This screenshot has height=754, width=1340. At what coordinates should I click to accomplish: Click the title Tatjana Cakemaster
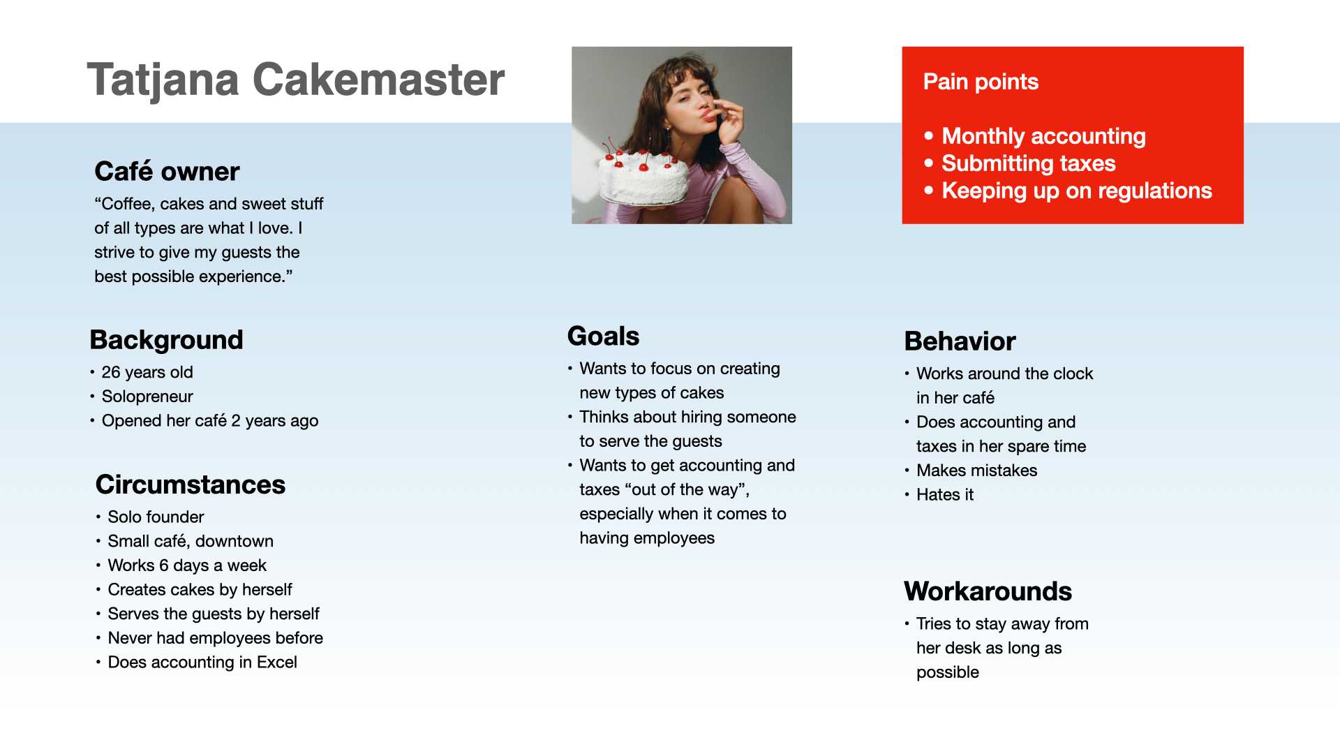tap(295, 80)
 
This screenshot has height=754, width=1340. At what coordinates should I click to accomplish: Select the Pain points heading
tap(981, 82)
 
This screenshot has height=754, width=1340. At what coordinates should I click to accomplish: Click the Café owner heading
tap(167, 172)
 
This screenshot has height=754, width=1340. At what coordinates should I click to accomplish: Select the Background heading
tap(166, 340)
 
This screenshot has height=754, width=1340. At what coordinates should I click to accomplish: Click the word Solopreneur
tap(147, 397)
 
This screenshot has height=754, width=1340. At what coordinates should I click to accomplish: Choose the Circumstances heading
tap(191, 485)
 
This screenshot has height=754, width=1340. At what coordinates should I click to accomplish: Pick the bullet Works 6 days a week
tap(187, 565)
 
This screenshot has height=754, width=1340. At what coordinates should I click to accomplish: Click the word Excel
tap(277, 662)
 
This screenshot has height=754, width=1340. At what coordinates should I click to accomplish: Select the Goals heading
tap(603, 337)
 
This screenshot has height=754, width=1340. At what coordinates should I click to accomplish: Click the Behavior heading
tap(960, 341)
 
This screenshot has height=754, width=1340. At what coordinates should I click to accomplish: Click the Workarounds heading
tap(988, 591)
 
